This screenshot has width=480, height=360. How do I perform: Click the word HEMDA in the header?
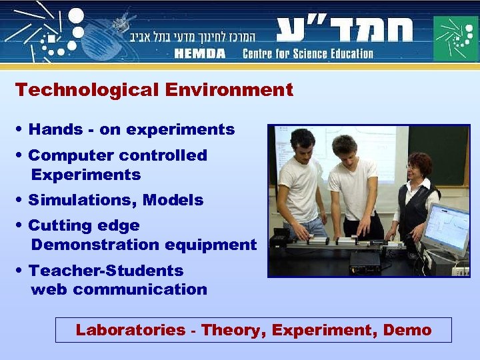[x=201, y=54]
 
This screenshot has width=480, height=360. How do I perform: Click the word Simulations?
[x=82, y=200]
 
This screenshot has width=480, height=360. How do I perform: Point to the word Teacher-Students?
[x=105, y=271]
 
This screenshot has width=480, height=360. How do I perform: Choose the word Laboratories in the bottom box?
[x=131, y=330]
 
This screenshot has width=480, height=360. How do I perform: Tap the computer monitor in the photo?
[x=446, y=230]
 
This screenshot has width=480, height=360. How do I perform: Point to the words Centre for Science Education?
[x=307, y=54]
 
